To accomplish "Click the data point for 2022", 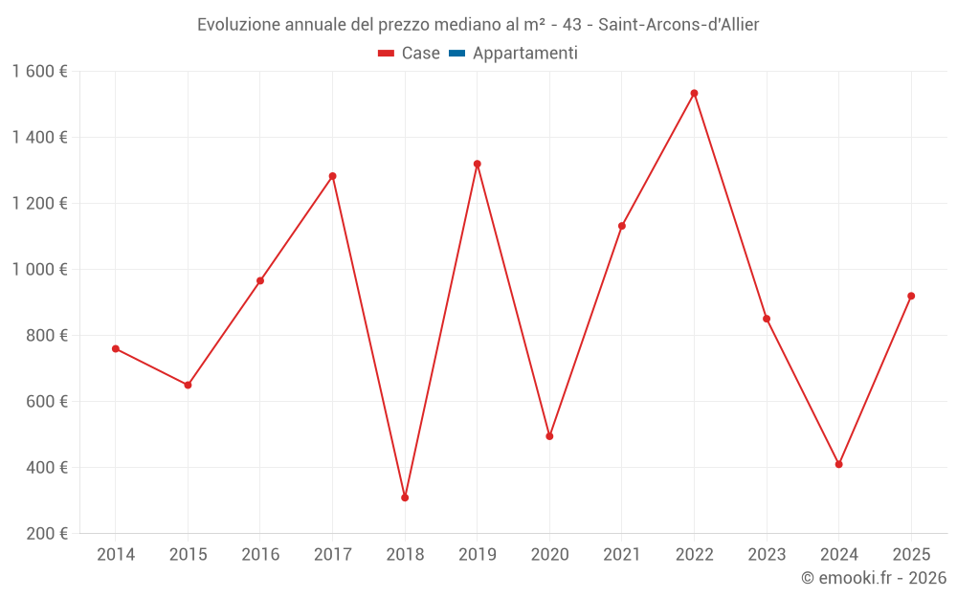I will point(694,93).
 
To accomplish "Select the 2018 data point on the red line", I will point(405,498).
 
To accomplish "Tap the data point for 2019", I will point(477,164).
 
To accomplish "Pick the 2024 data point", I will point(838,464).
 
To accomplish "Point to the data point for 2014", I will point(116,348).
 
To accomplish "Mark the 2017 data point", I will point(332,176).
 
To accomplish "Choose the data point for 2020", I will point(549,436).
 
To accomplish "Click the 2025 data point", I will point(911,296).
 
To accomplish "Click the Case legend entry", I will point(410,54).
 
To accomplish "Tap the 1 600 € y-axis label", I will point(40,71).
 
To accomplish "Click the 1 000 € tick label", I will point(40,269).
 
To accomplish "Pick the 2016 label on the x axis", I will point(260,554).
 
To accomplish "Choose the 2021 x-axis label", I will point(622,554).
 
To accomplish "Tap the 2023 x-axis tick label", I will point(767,554).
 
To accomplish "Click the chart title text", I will point(478,24).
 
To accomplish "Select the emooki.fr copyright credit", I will point(873,578).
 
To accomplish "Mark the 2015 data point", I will point(188,385).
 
